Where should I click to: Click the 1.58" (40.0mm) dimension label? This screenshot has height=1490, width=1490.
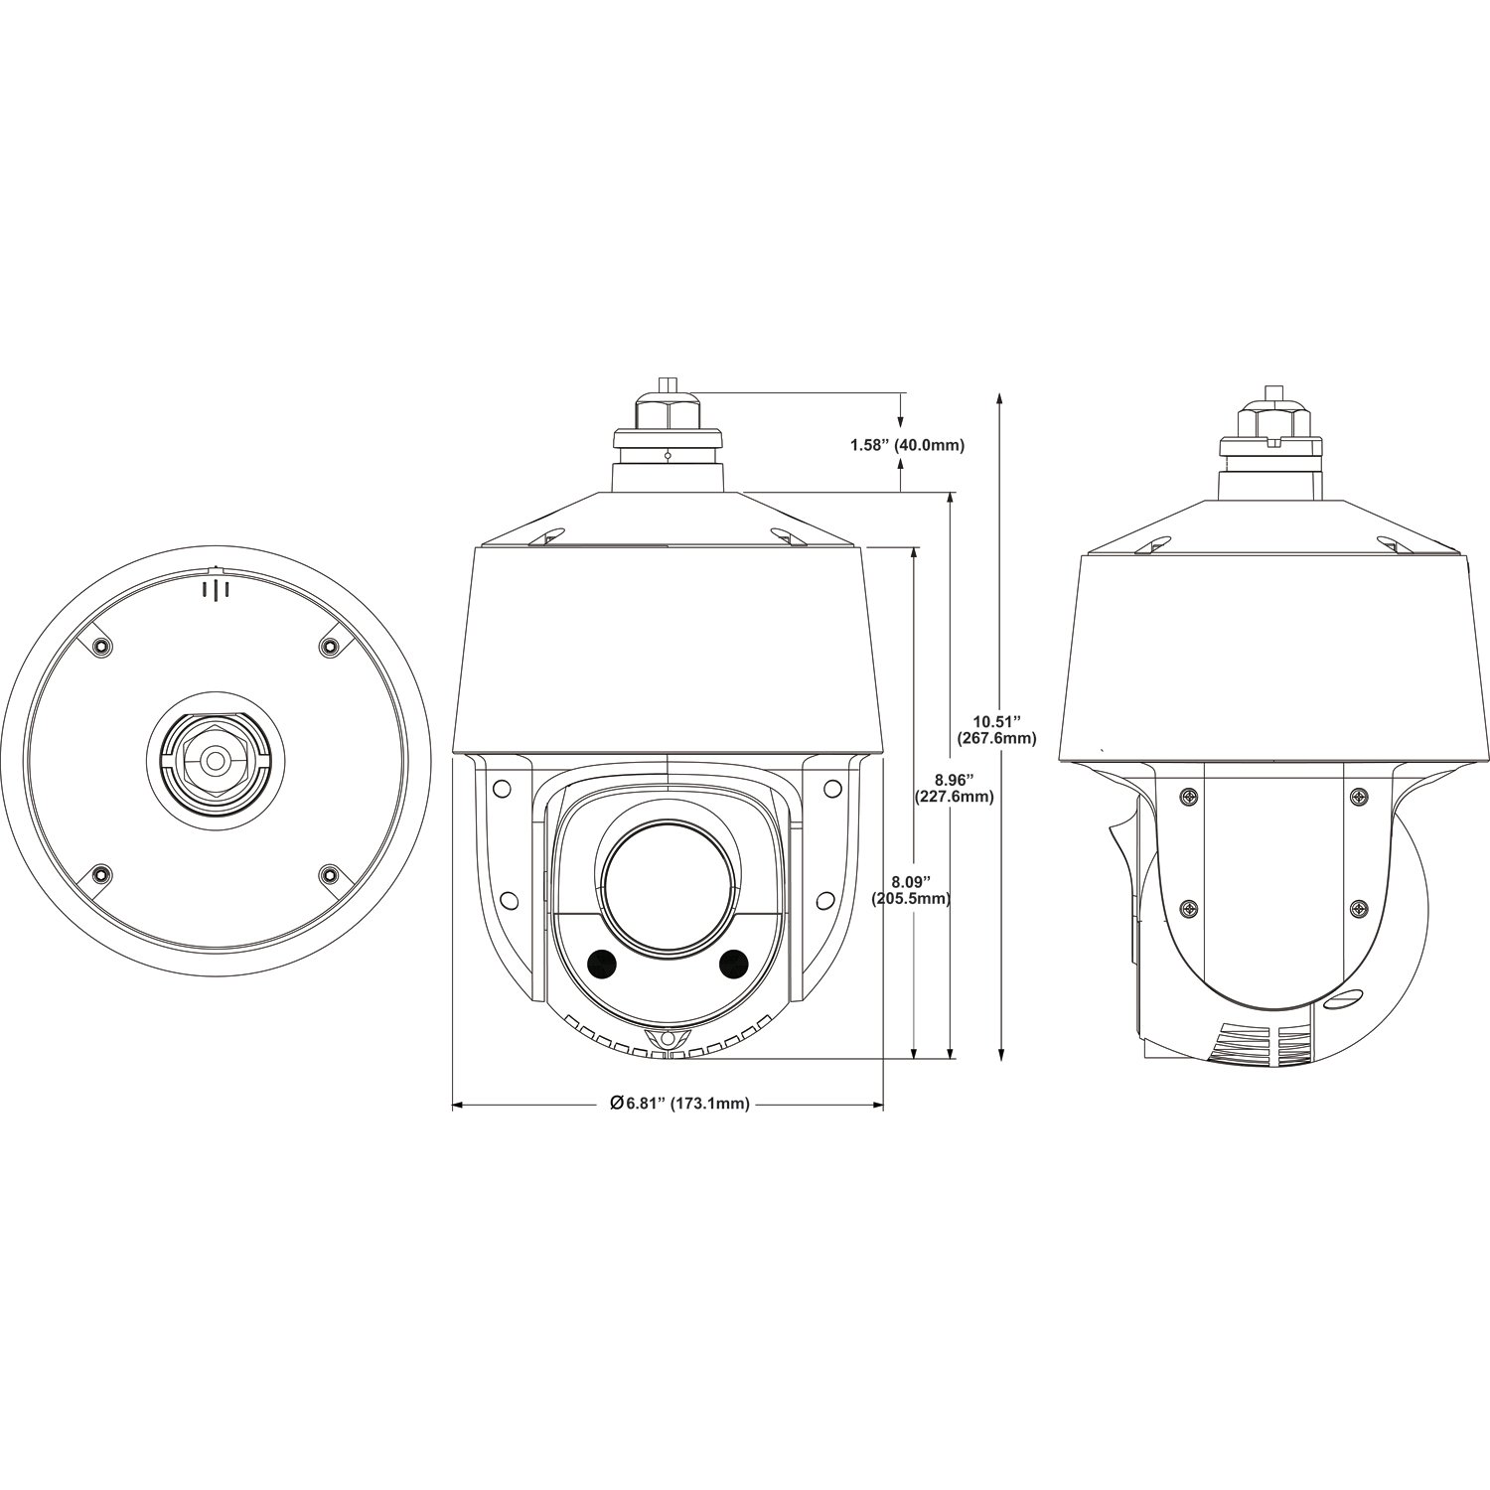point(907,445)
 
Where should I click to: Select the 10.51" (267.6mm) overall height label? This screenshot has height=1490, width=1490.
point(996,730)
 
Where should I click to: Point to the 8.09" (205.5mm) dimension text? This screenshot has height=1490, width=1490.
point(911,890)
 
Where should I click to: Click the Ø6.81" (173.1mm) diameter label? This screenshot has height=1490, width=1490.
point(679,1104)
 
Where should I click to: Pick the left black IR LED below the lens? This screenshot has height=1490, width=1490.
point(600,961)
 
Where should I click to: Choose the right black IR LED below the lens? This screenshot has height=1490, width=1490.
point(734,961)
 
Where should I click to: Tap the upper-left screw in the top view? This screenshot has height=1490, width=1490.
point(99,647)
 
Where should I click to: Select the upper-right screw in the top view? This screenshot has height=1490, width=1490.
point(329,647)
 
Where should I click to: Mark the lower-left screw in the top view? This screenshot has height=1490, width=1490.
point(99,874)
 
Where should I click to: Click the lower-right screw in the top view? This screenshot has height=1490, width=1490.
point(329,874)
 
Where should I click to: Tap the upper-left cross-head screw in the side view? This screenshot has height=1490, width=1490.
point(1189,797)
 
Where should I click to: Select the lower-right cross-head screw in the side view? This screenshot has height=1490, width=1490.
point(1358,908)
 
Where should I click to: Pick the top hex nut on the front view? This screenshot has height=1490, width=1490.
point(668,407)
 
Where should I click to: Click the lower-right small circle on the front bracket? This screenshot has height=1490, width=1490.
point(823,899)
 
